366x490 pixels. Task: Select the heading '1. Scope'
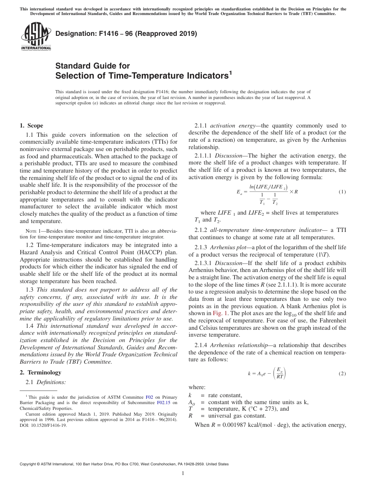31,126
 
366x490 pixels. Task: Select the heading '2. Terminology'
40,373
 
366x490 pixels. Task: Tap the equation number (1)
342,192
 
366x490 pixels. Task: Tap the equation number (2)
342,374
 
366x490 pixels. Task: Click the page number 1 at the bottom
183,473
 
